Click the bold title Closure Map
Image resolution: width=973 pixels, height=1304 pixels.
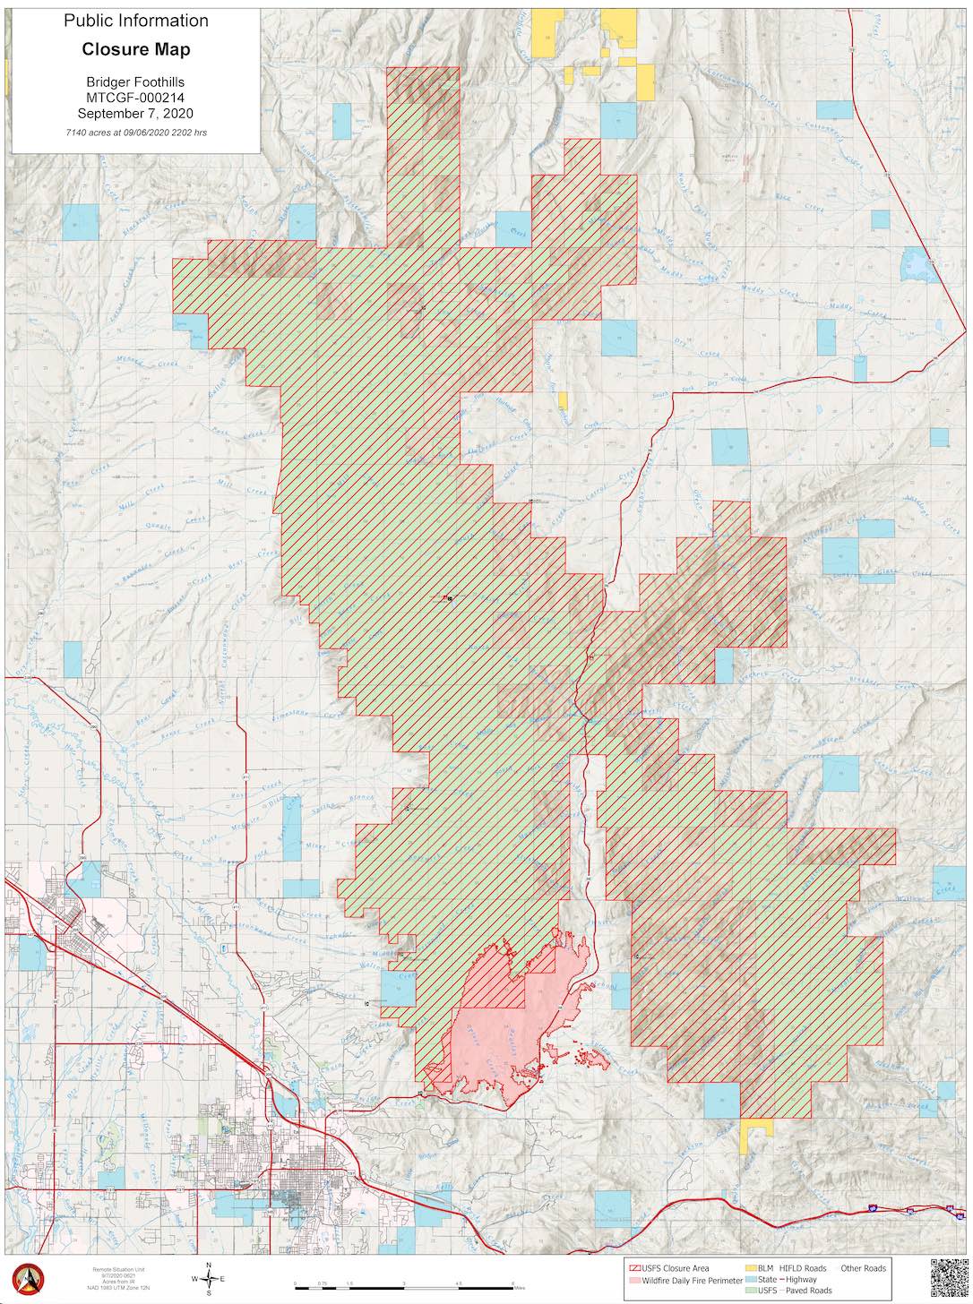(x=135, y=48)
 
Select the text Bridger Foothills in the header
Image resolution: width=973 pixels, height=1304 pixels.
(x=135, y=81)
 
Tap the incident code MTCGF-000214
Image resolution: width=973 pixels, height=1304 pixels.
(x=135, y=98)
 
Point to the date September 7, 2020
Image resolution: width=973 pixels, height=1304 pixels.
(x=135, y=114)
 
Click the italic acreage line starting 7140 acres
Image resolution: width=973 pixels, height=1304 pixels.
(x=135, y=132)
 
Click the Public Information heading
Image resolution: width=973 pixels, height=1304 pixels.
(x=135, y=21)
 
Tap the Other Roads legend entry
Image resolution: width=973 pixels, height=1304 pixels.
(x=862, y=1268)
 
